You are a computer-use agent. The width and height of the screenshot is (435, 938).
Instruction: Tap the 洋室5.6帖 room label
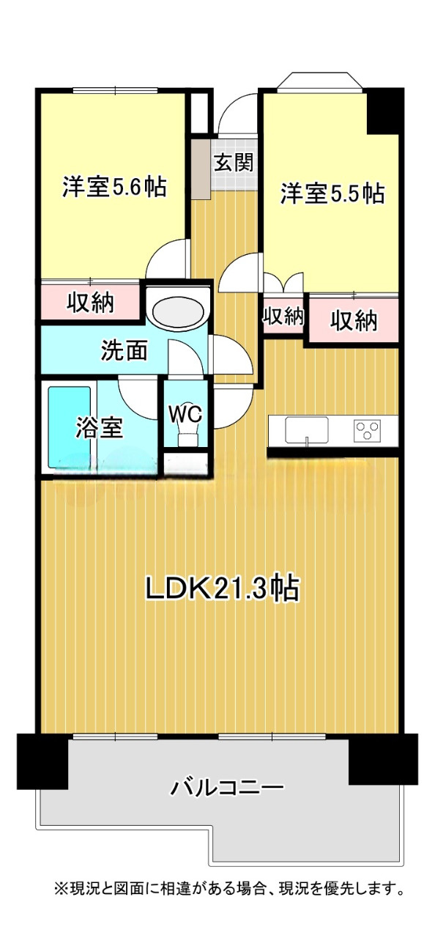(114, 186)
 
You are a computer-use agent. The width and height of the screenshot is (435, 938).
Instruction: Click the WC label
(185, 415)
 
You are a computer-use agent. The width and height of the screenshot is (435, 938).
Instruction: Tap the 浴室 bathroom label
(99, 427)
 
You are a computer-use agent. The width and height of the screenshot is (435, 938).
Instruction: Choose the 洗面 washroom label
(124, 350)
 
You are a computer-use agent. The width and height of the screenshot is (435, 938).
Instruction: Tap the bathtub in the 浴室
(70, 426)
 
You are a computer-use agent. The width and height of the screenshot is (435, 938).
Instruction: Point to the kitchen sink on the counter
(307, 429)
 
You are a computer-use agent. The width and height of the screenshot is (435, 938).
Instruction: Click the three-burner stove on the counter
(367, 430)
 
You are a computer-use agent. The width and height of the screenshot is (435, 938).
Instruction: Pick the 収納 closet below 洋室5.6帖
(90, 303)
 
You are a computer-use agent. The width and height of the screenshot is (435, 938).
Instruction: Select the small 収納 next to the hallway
(283, 315)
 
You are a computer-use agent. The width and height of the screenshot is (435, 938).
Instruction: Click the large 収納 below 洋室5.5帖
(354, 320)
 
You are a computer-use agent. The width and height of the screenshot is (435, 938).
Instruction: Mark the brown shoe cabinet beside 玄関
(201, 169)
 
